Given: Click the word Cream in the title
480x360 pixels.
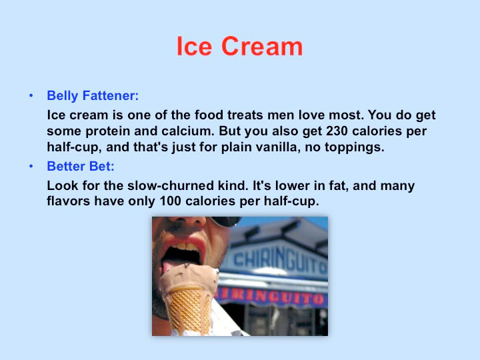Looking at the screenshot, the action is click(262, 46).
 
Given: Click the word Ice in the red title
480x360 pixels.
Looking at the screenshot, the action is click(195, 46).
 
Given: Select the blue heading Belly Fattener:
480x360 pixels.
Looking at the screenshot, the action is click(93, 96).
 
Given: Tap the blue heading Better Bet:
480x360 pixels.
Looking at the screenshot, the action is click(81, 166).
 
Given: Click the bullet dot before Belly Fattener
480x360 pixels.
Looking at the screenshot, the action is click(31, 96).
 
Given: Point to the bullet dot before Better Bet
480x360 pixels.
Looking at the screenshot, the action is click(31, 166).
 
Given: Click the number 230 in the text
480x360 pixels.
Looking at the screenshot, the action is click(337, 131).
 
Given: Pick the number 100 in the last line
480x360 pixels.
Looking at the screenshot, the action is click(171, 201).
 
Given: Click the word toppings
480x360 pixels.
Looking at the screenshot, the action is click(355, 147).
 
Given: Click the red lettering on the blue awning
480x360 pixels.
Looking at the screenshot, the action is click(271, 296).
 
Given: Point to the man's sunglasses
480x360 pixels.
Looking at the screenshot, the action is click(226, 221).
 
